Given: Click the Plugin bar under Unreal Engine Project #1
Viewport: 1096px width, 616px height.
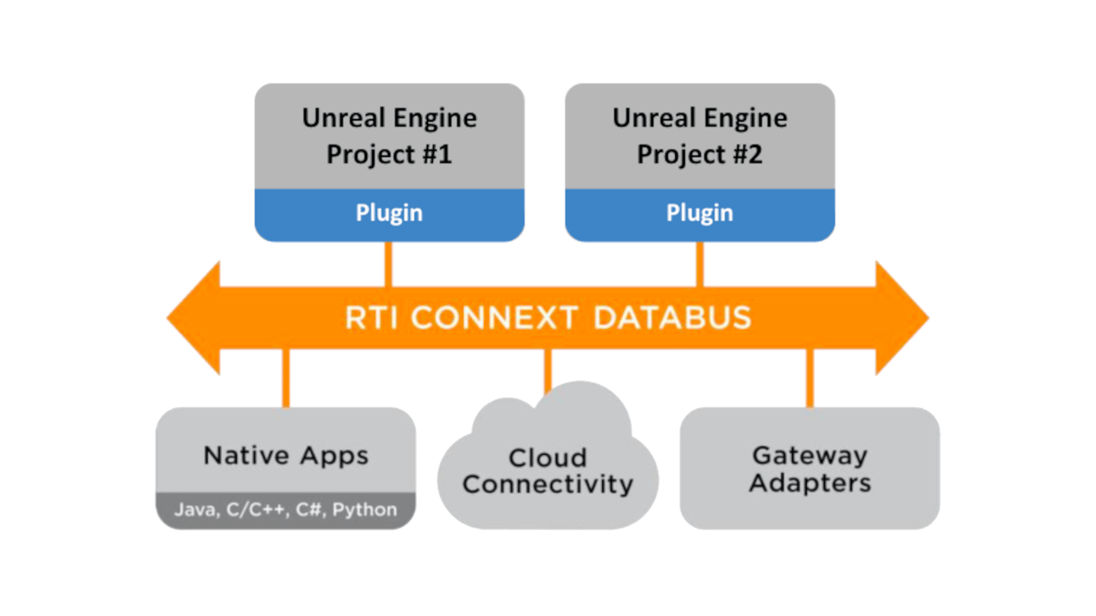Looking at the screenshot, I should (389, 214).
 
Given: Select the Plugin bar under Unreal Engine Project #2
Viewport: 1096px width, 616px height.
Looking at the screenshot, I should (699, 214).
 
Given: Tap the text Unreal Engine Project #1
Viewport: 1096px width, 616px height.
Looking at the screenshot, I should (389, 136).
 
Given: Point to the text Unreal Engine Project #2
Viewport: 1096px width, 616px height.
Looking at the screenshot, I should (699, 136).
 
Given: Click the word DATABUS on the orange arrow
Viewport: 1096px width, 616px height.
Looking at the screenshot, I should (672, 317).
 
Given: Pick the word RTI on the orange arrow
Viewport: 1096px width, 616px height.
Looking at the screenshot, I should (371, 317).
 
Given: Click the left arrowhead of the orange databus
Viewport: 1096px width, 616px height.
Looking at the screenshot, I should (194, 317).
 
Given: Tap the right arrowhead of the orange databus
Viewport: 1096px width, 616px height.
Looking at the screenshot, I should (902, 317).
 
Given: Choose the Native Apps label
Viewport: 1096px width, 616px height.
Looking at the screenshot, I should (286, 456).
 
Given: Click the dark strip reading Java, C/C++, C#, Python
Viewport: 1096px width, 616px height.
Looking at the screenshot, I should (286, 510).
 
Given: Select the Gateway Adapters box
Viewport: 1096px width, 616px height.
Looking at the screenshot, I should (810, 468).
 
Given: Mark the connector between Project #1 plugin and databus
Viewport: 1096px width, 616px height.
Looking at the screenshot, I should (388, 264).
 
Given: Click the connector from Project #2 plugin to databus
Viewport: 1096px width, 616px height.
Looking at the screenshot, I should (699, 264).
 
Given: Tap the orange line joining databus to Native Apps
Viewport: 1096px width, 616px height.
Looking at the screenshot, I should (286, 378).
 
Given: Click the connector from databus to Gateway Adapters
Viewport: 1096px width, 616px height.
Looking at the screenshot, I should (809, 378).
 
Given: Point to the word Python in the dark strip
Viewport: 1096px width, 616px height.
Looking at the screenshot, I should (365, 510).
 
